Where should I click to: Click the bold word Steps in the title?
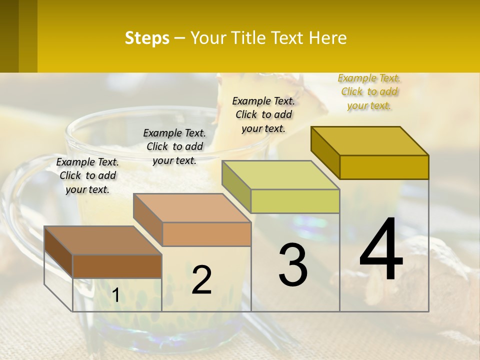pos(147,38)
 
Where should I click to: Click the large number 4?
pos(381,249)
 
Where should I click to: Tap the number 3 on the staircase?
pos(293,264)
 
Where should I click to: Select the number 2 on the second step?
pos(201,280)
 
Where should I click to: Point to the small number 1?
pos(115,295)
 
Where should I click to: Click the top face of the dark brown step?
pos(103,240)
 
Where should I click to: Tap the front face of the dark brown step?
pos(117,266)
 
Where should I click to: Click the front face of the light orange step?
pos(206,234)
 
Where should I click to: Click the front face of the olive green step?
pos(295,201)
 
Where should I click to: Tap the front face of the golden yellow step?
pos(384,167)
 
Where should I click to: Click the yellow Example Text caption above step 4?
pos(369,92)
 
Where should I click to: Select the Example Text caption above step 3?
pos(263,114)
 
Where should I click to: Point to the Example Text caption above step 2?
pos(174,146)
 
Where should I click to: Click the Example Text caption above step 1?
pos(87,175)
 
